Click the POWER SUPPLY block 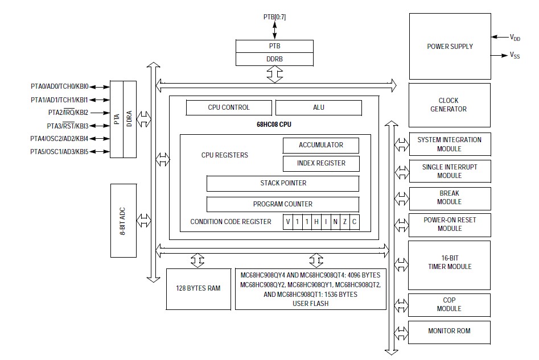coord(450,47)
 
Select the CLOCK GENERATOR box coord(449,105)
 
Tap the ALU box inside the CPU coord(319,107)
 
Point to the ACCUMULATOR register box coord(321,145)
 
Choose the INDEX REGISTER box coord(321,163)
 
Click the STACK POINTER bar coord(282,183)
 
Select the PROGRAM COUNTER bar coord(282,204)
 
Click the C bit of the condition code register coord(354,222)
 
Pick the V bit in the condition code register coord(288,222)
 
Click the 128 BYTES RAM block coord(198,288)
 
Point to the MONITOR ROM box coord(449,330)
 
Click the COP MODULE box coord(449,304)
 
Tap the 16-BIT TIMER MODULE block coord(449,262)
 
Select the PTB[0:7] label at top coord(274,17)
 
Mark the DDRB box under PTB coord(275,59)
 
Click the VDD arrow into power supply coord(500,37)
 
